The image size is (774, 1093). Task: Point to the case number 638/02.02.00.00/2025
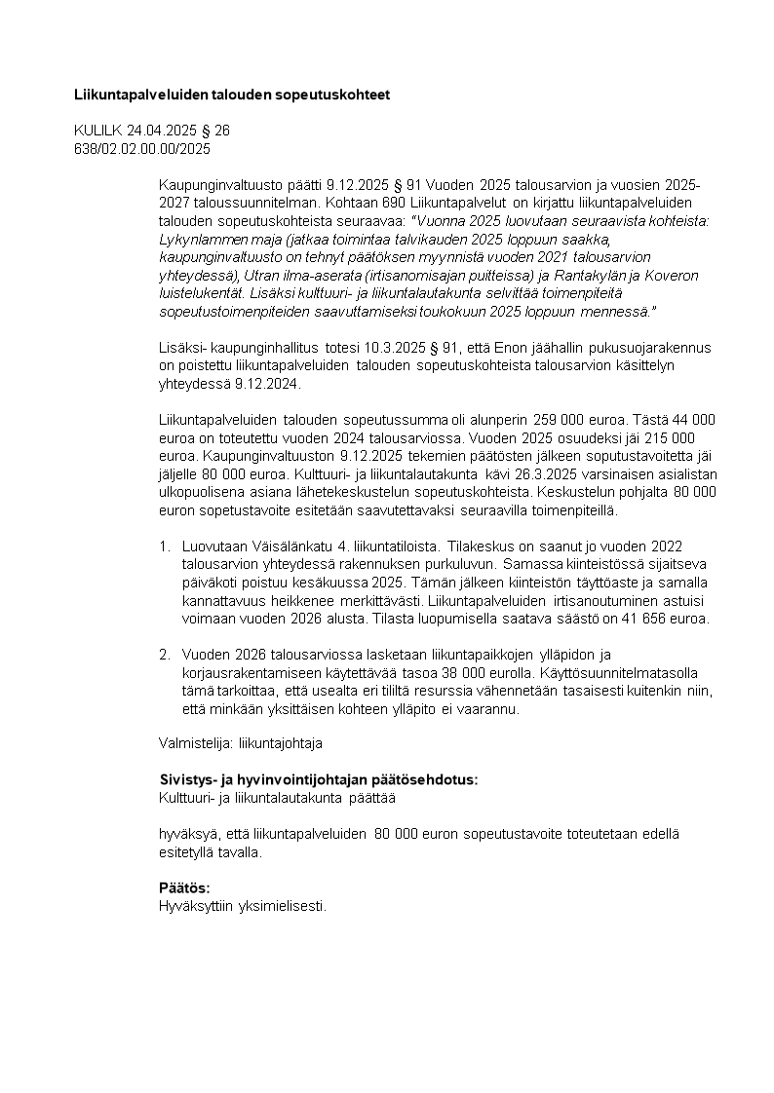pos(142,148)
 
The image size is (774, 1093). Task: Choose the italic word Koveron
pos(670,276)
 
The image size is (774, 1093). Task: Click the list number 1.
pos(165,546)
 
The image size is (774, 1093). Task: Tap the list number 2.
pos(165,655)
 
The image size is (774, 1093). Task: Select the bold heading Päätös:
pos(184,888)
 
